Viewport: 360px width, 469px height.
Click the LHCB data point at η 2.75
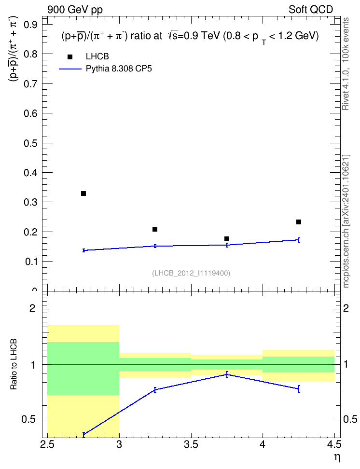[x=83, y=193]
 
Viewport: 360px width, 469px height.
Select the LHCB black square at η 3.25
[x=155, y=229]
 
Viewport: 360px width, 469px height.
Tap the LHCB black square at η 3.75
[x=227, y=239]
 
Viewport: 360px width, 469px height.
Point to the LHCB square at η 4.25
[x=299, y=222]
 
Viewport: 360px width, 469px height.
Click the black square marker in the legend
[x=70, y=57]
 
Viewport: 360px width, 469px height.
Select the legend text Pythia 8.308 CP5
[x=119, y=69]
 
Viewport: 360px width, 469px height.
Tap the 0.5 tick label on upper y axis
[x=30, y=143]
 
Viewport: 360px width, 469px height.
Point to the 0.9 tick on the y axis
[x=30, y=25]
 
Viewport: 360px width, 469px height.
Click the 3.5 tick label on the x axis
[x=191, y=445]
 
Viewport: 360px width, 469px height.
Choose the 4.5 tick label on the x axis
[x=334, y=445]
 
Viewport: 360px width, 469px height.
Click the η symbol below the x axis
[x=337, y=457]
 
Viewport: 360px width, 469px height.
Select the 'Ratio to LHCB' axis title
[x=14, y=364]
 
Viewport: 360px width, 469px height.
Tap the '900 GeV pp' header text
[x=75, y=10]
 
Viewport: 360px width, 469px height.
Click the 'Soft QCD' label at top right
[x=311, y=10]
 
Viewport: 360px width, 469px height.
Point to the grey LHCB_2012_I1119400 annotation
[x=191, y=273]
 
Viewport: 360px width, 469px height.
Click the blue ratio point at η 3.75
[x=227, y=374]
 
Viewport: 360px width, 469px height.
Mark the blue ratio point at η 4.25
[x=299, y=389]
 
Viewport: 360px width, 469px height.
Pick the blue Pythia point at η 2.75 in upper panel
[x=83, y=250]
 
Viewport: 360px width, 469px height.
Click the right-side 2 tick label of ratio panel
[x=346, y=308]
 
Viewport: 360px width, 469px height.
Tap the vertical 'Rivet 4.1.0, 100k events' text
[x=346, y=64]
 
